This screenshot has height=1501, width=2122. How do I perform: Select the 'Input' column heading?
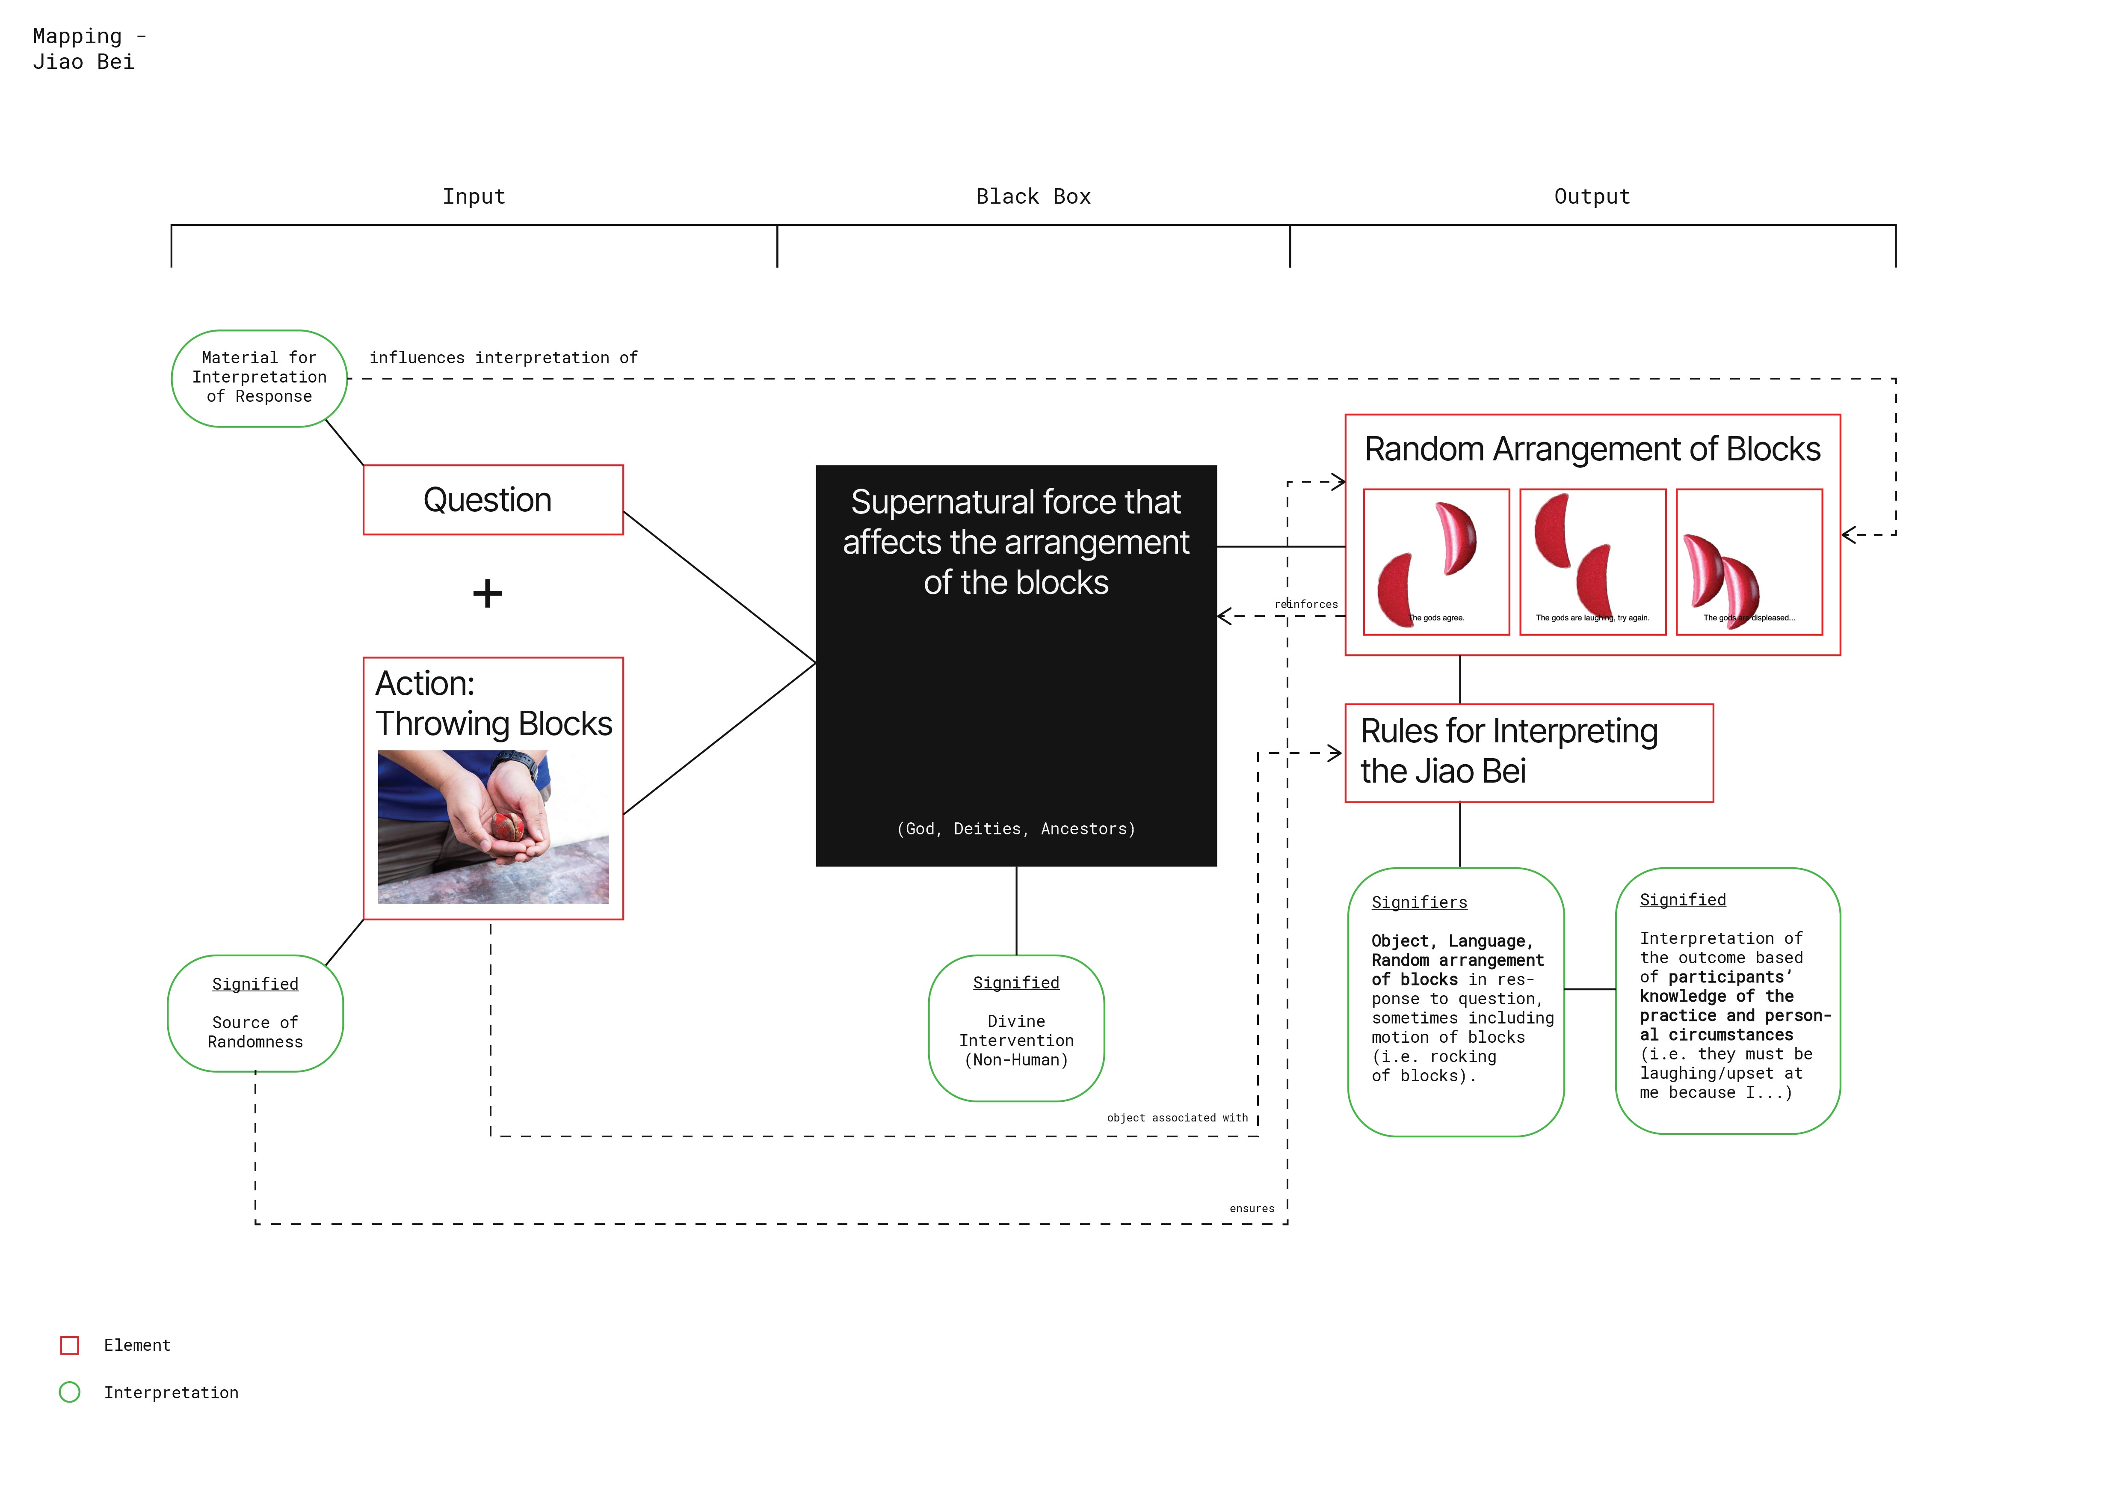(473, 197)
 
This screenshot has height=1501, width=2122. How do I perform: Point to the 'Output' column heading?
(1592, 197)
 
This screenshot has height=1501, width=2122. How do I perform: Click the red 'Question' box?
(493, 500)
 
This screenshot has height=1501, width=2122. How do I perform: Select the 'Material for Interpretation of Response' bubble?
(259, 378)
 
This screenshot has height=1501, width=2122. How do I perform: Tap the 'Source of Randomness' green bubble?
(255, 1014)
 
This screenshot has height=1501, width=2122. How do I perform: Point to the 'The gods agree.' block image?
(1436, 562)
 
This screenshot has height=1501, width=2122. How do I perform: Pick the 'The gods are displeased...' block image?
(1749, 562)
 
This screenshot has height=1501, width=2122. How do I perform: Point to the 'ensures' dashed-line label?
(1252, 1209)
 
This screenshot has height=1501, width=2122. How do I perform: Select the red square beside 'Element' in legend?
(69, 1346)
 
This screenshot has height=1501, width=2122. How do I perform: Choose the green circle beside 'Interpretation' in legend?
(69, 1393)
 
